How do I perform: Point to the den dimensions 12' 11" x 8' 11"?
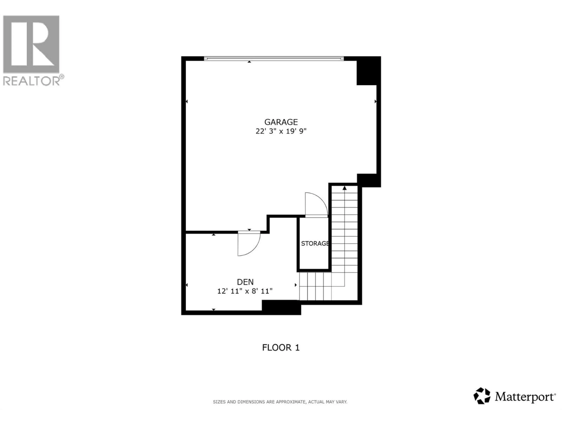pos(245,291)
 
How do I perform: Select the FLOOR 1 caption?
pos(281,347)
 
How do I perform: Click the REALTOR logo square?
pos(31,44)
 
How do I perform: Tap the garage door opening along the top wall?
pos(274,58)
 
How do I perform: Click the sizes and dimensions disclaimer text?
pos(280,402)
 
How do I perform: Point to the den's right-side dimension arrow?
pos(295,285)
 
